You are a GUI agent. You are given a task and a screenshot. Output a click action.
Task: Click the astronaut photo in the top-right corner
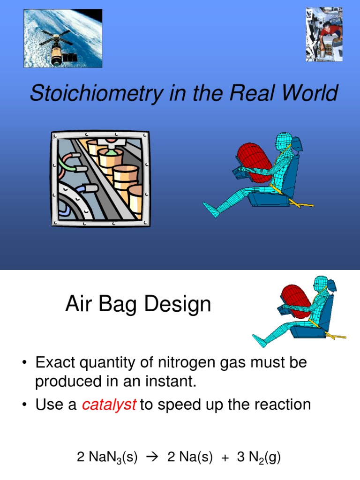click(324, 34)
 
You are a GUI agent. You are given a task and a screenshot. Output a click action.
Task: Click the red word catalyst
click(109, 405)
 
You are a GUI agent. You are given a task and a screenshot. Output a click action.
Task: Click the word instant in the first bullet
click(171, 382)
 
